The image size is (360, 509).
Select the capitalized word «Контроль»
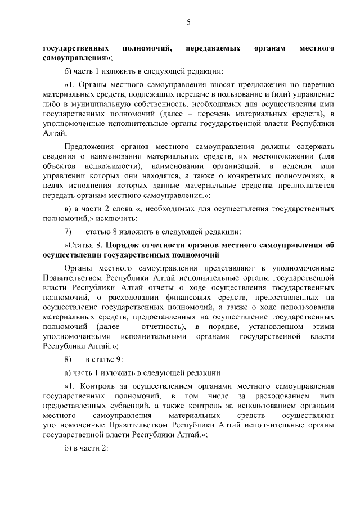click(x=99, y=387)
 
